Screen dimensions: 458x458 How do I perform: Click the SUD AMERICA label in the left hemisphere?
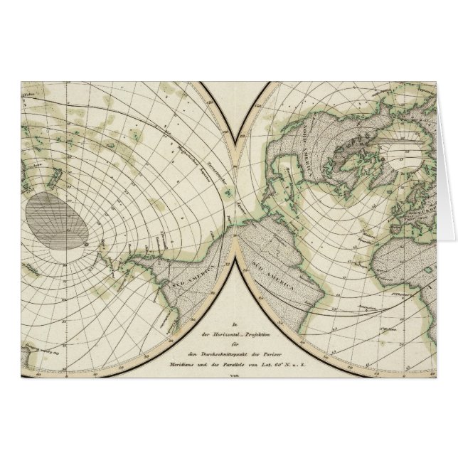[186, 272]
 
